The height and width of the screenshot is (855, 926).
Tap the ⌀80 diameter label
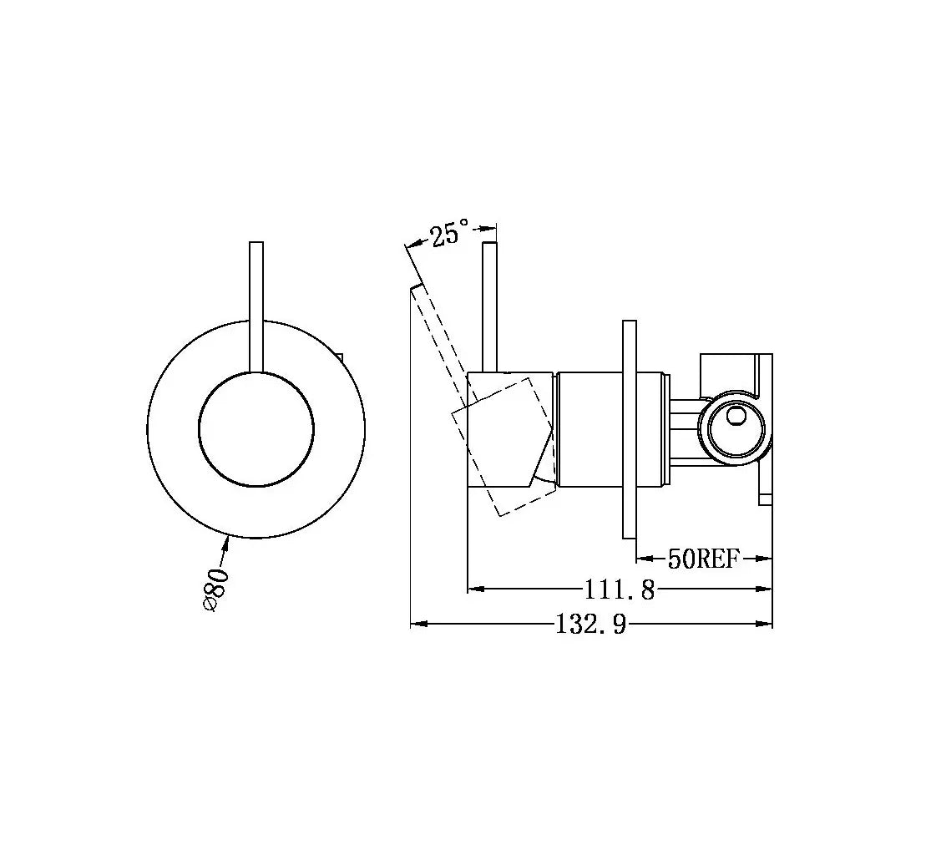point(215,589)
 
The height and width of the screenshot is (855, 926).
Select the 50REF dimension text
point(703,558)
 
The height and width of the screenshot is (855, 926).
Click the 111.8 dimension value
point(620,589)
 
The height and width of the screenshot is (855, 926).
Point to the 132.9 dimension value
point(591,624)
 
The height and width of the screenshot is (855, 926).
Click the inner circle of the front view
point(256,429)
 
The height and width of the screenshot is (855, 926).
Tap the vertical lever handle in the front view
point(256,307)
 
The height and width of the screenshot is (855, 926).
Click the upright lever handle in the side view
point(489,307)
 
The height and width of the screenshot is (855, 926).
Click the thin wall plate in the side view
point(630,429)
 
